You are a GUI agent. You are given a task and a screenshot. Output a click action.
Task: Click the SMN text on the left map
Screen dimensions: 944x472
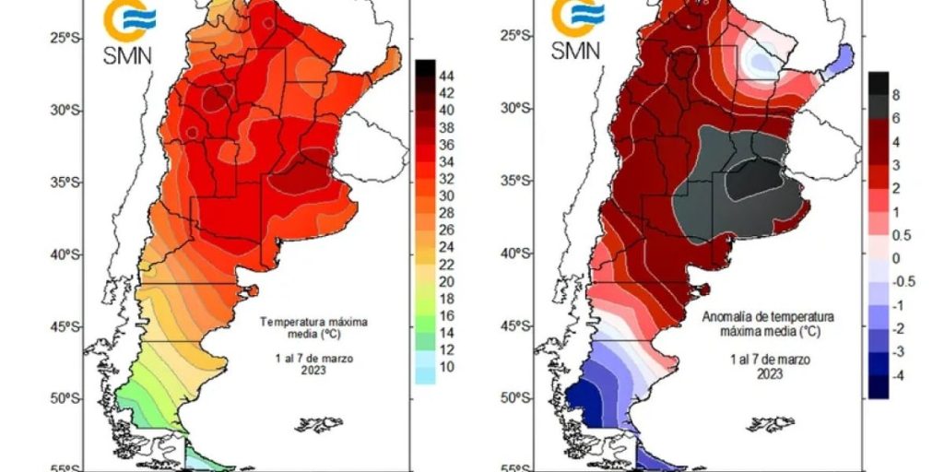[127, 54]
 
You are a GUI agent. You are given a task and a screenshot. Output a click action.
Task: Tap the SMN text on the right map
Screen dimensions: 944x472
[575, 50]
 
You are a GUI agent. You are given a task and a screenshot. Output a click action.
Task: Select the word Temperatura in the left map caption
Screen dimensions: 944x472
[287, 322]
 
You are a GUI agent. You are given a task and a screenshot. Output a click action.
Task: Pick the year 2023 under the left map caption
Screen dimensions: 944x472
[314, 371]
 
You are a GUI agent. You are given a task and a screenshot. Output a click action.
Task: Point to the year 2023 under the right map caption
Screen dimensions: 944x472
[770, 374]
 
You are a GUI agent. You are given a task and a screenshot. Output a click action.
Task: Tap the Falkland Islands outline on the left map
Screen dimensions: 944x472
[318, 424]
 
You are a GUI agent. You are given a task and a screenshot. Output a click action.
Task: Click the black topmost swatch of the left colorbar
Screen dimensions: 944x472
[425, 67]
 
